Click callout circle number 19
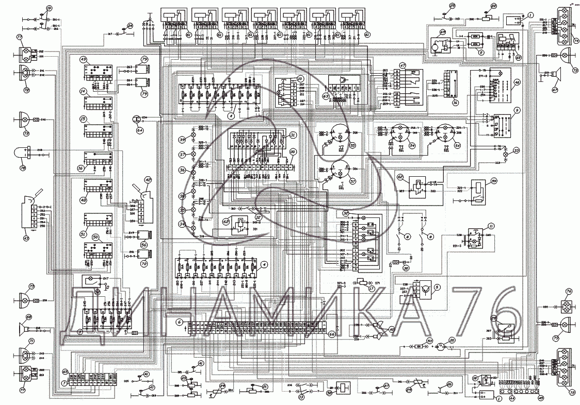[x=49, y=9]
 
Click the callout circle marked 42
[x=148, y=180]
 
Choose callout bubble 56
[x=144, y=245]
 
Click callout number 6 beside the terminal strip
[x=179, y=322]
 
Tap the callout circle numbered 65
[x=65, y=371]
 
